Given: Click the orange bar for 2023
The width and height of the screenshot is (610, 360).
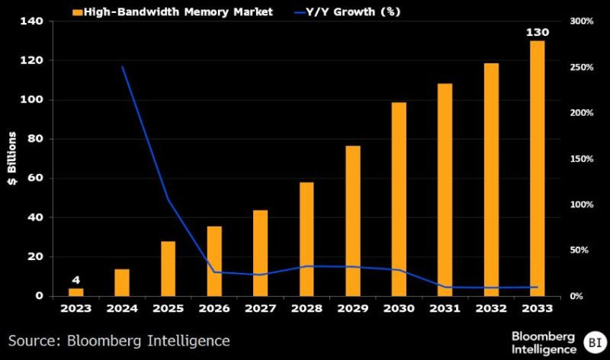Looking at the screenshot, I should (x=75, y=291).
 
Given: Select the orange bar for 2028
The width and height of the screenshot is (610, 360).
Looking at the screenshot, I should (x=307, y=239).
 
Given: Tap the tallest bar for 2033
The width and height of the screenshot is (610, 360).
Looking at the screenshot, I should (x=538, y=168).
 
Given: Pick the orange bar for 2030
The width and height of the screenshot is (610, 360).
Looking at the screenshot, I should (x=399, y=198).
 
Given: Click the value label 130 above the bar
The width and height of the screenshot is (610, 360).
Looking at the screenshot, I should (x=537, y=33).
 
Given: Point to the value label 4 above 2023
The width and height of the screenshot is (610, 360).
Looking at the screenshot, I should (x=75, y=280).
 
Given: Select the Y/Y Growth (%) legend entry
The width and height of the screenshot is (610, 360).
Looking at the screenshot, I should (x=344, y=11).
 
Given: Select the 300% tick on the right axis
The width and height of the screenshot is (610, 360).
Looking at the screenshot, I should (x=581, y=21).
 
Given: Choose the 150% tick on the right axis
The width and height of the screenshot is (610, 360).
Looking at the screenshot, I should (x=581, y=159).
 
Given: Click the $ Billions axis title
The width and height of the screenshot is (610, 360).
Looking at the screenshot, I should (x=12, y=159).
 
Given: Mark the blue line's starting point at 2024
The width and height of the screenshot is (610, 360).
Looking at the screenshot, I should (x=122, y=67).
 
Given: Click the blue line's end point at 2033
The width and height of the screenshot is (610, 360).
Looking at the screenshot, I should (x=538, y=288).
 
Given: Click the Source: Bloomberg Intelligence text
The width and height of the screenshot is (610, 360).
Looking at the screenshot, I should (x=119, y=339).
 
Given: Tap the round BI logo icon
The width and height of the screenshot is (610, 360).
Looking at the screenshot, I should (x=592, y=340).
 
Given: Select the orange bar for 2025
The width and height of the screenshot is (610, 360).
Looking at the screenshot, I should (x=168, y=268).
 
